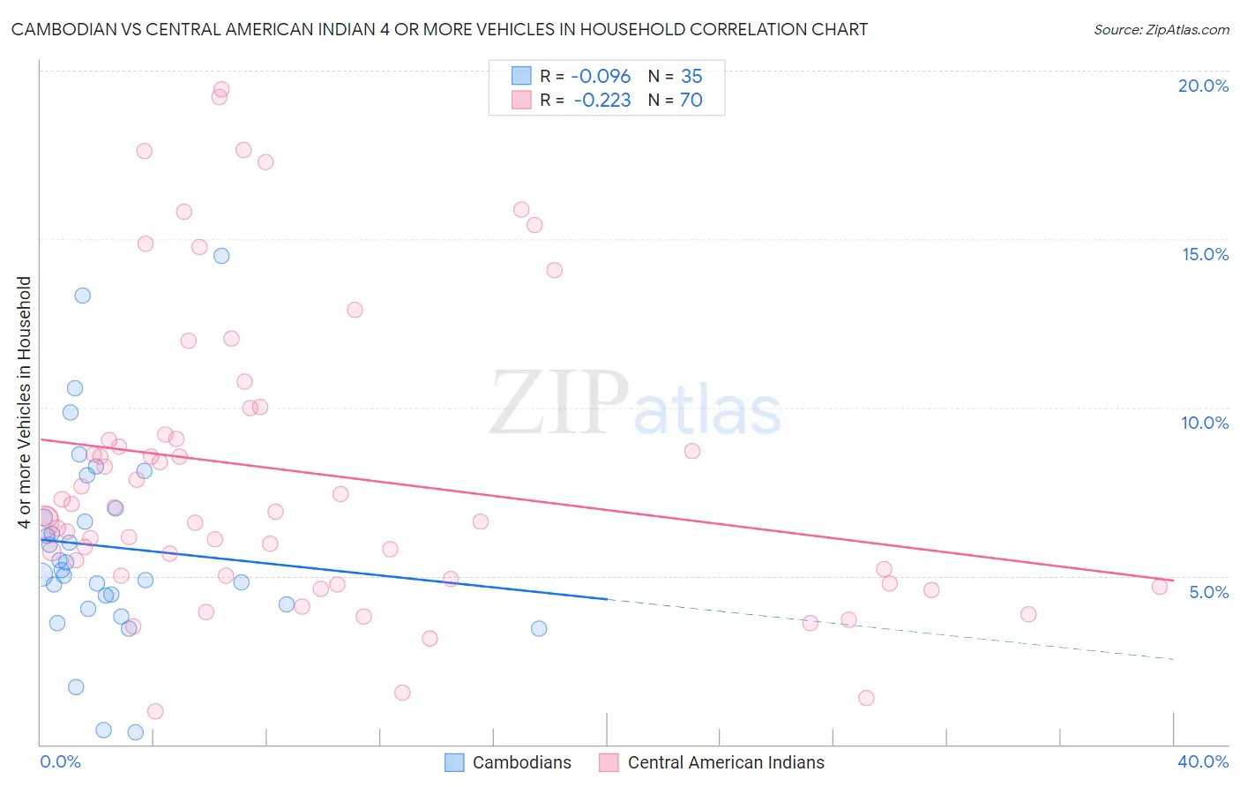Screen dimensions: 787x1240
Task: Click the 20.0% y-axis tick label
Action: coord(1203,86)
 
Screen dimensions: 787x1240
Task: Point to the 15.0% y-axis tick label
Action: coord(1205,254)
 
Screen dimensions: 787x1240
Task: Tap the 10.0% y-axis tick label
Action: coord(1205,423)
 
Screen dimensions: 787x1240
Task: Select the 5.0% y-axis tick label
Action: coord(1208,592)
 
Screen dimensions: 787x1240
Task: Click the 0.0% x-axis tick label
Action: coord(60,761)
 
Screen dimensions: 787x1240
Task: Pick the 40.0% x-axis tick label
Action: coord(1203,761)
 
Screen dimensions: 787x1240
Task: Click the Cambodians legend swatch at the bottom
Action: coord(454,762)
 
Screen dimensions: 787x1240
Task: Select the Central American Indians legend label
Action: coord(725,762)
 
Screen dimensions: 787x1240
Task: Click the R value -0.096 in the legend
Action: coord(601,76)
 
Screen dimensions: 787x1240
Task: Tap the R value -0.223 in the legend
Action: coord(601,100)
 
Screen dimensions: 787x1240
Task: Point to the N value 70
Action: coord(691,100)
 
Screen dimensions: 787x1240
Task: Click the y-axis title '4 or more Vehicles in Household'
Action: coord(24,401)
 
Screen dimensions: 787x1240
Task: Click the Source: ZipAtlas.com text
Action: coord(1161,30)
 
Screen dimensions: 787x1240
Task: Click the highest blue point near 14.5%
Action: coord(221,256)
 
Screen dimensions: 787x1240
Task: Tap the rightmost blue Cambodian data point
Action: coord(539,628)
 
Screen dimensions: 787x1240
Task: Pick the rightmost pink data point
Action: coord(1160,586)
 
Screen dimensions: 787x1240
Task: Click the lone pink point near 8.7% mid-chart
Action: coord(692,451)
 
